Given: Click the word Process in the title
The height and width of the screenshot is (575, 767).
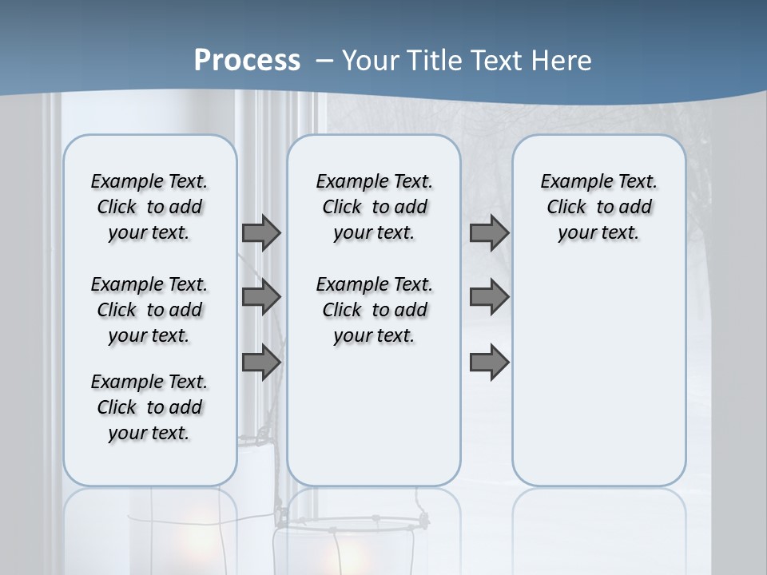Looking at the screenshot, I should click(x=247, y=61).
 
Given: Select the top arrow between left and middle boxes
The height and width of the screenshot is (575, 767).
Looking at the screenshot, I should click(x=261, y=232).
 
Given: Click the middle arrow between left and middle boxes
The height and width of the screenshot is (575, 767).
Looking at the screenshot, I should click(x=261, y=297).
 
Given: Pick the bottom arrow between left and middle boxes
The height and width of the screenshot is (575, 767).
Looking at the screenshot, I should click(x=261, y=363).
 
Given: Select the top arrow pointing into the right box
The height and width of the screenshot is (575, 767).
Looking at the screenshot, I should click(x=489, y=232).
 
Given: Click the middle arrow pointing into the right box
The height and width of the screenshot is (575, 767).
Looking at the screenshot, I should click(x=489, y=297).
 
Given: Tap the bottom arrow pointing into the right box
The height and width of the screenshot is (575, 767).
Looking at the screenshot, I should click(x=489, y=363).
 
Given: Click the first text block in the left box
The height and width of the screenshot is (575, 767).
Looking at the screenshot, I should click(x=149, y=207).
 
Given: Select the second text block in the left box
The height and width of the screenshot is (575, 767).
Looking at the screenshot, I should click(x=149, y=310).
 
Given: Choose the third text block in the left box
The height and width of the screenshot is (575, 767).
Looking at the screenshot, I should click(x=149, y=407).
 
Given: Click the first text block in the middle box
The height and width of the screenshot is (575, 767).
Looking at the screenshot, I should click(x=374, y=207).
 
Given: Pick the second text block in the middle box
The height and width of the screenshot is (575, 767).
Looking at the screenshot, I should click(x=374, y=310).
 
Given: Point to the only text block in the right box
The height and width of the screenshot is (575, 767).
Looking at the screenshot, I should click(x=599, y=207).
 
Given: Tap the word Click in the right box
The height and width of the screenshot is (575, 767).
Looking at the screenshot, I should click(x=566, y=208).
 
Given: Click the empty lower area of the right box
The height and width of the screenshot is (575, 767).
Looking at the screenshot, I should click(x=599, y=375).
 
